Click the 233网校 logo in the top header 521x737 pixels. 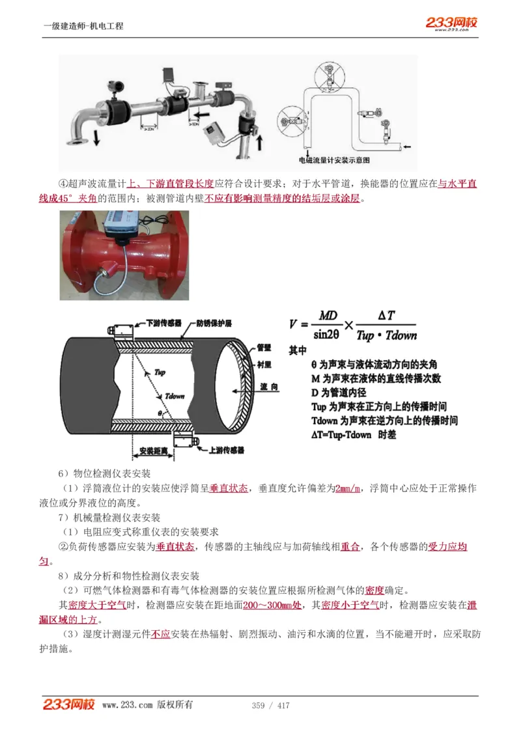pos(452,23)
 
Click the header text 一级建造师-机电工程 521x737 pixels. pos(83,26)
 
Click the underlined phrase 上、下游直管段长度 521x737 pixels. pos(170,184)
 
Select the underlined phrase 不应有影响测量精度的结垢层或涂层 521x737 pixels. pos(281,199)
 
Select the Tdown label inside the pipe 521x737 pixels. pos(175,395)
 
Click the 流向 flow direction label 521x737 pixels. pos(269,387)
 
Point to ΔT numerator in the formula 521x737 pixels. pos(386,315)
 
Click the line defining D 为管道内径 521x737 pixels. pos(339,393)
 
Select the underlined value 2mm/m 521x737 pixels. pos(347,488)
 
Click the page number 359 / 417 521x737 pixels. pos(270,705)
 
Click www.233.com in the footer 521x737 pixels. pos(128,705)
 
